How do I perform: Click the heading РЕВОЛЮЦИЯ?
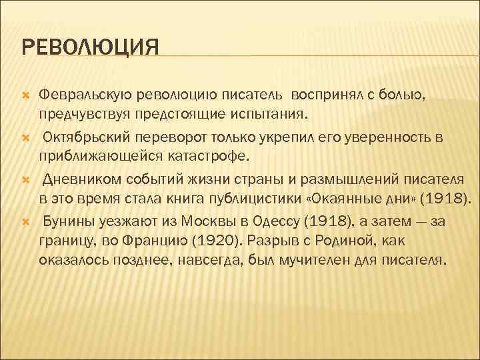click(91, 49)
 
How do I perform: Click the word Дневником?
click(84, 180)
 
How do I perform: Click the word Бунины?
click(67, 222)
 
